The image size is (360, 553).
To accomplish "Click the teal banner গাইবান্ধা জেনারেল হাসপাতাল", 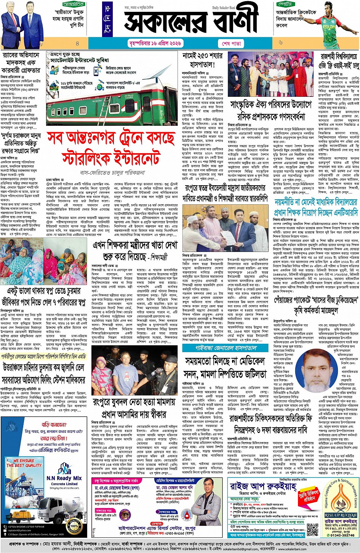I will click(226, 348).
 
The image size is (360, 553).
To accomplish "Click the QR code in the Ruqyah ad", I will click(312, 529).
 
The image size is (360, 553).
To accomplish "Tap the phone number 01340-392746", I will click(341, 535).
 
